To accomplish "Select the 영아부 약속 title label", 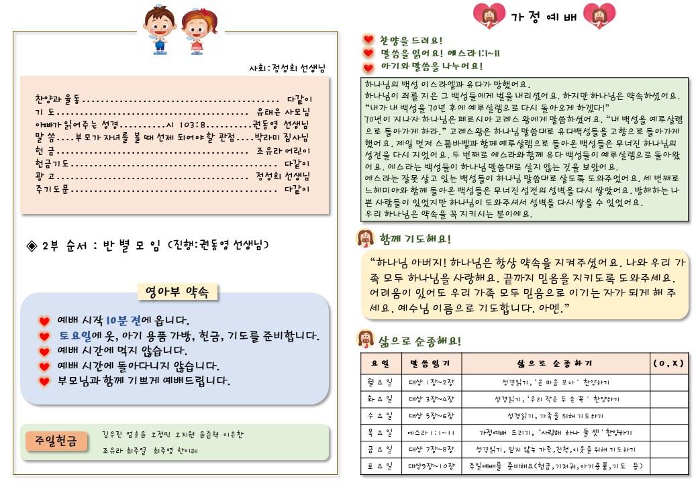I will coord(177,292).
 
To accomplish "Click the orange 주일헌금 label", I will coord(57,441).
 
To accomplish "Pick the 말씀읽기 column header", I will coord(430,364).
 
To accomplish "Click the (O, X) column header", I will coord(668,364).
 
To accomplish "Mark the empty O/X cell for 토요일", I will coord(668,466).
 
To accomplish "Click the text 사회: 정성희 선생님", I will coord(287,69).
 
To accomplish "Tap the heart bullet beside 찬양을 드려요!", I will coord(368,40).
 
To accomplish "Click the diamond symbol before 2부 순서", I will coord(32,245).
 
